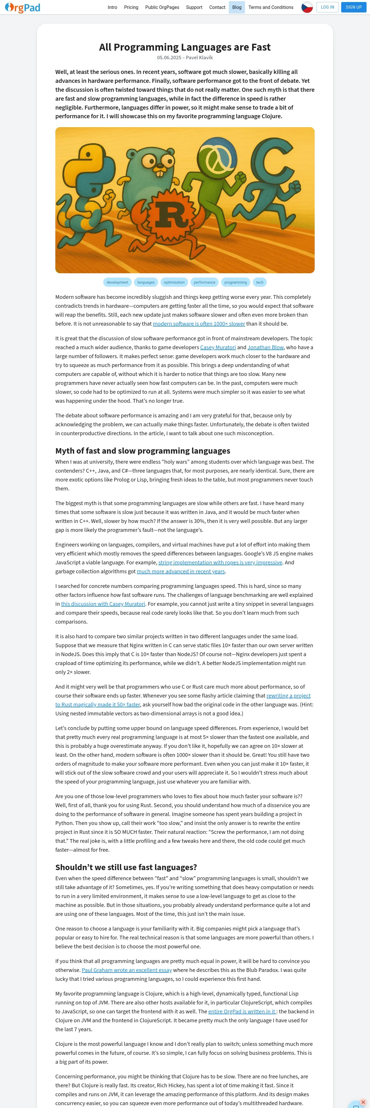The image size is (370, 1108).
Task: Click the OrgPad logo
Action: click(x=22, y=7)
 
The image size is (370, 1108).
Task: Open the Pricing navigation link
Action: click(x=131, y=7)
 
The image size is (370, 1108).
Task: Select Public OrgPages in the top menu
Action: click(x=162, y=7)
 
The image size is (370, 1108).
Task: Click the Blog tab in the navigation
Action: click(x=237, y=7)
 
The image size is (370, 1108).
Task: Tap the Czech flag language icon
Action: click(x=307, y=7)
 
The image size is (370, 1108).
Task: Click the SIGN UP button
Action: click(x=353, y=7)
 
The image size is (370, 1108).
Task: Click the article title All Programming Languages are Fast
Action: click(x=185, y=47)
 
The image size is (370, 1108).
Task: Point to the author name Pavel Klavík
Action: click(x=199, y=58)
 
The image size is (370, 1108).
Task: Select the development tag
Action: click(x=117, y=282)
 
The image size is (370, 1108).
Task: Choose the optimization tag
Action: click(x=174, y=282)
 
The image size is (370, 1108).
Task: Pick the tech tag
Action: click(x=259, y=282)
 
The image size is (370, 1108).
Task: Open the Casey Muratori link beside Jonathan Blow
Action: click(x=218, y=347)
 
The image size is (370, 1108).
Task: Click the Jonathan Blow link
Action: click(x=265, y=347)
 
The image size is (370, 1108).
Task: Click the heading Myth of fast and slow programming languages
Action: click(x=143, y=450)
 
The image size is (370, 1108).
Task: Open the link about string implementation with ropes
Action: click(x=220, y=562)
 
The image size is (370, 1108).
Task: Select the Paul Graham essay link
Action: click(x=127, y=970)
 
